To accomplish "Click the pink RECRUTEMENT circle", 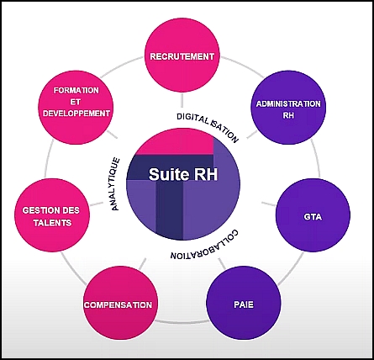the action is pyautogui.click(x=182, y=56).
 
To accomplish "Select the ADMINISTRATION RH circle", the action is pyautogui.click(x=288, y=108).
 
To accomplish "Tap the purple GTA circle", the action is pyautogui.click(x=313, y=215).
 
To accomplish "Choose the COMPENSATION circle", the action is pyautogui.click(x=119, y=303).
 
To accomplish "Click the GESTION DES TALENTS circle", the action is pyautogui.click(x=52, y=215).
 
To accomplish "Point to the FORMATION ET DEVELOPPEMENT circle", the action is pyautogui.click(x=76, y=108).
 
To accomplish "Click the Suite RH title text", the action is pyautogui.click(x=183, y=174).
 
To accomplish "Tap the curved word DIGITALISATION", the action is pyautogui.click(x=208, y=124).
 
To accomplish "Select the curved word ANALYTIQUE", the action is pyautogui.click(x=115, y=184).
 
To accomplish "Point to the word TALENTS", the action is pyautogui.click(x=52, y=223).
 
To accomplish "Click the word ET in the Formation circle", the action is pyautogui.click(x=75, y=102).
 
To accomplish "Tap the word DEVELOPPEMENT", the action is pyautogui.click(x=76, y=114).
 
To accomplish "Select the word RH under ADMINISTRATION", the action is pyautogui.click(x=288, y=115).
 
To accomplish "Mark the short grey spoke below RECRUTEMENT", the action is pyautogui.click(x=182, y=100).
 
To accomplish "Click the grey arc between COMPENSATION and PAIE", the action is pyautogui.click(x=182, y=321).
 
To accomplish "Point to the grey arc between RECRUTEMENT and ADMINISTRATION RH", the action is pyautogui.click(x=243, y=66).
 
